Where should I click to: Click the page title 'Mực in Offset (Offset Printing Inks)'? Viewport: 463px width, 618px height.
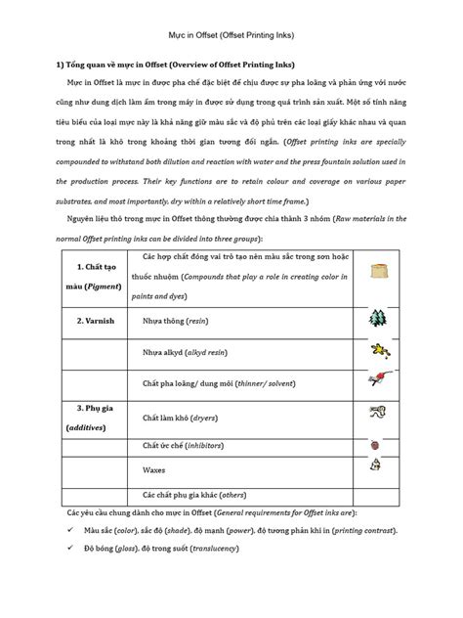231,35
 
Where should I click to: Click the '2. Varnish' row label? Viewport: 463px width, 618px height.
82,319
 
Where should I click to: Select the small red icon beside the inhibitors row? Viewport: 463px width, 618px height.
377,444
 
